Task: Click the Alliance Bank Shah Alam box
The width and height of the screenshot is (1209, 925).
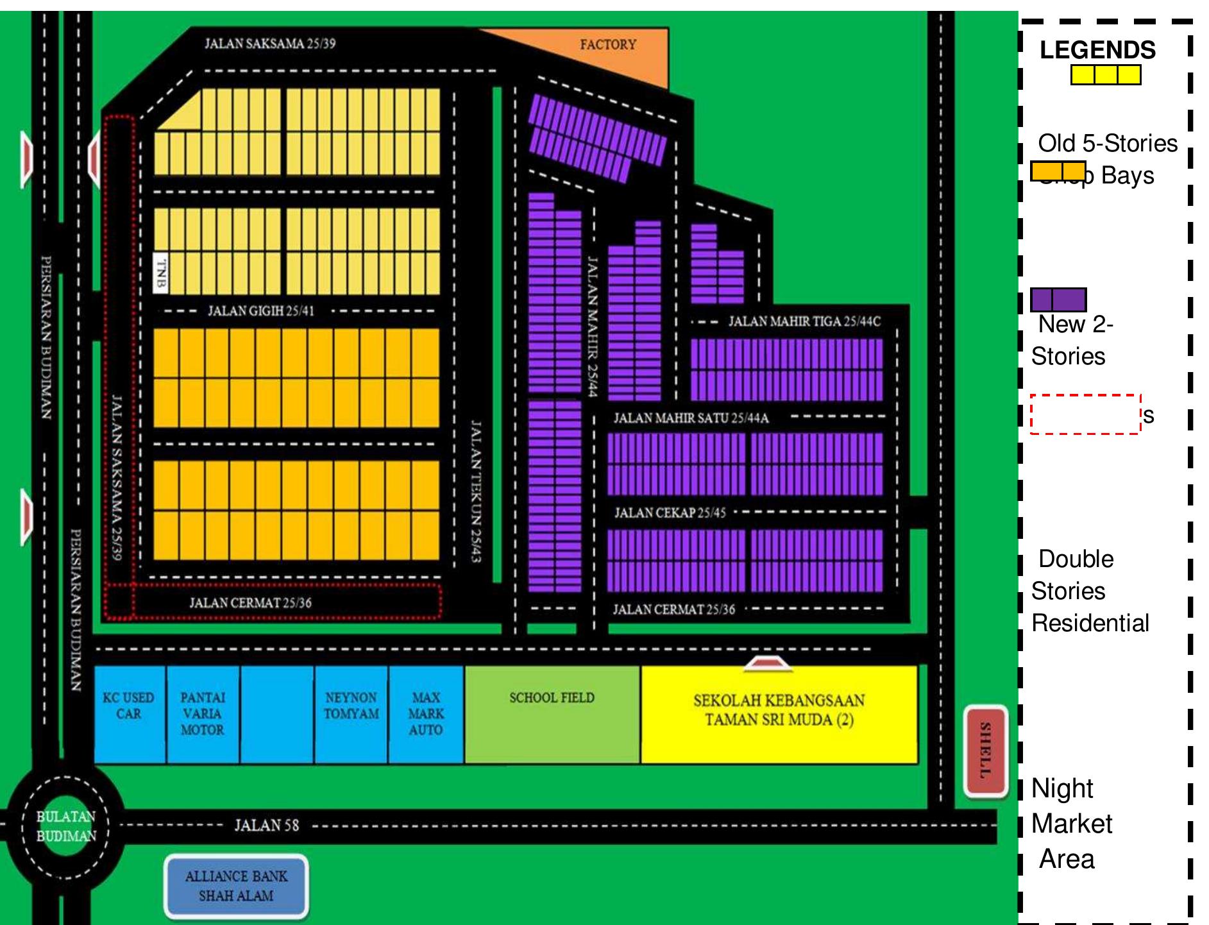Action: click(x=236, y=886)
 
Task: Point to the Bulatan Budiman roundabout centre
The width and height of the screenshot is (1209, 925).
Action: click(x=66, y=826)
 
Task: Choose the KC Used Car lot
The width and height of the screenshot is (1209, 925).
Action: click(x=129, y=713)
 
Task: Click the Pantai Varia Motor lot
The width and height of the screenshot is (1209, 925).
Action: click(x=203, y=713)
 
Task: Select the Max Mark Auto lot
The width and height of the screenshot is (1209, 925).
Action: click(x=426, y=713)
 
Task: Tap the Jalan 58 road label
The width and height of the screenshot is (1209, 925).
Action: click(x=266, y=825)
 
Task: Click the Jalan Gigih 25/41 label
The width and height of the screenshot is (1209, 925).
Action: click(x=261, y=311)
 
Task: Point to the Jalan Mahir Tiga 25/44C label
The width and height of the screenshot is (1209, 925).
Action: click(x=804, y=321)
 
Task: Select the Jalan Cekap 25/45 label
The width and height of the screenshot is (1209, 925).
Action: click(x=670, y=513)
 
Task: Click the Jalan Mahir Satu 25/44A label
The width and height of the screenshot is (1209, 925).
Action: click(x=691, y=418)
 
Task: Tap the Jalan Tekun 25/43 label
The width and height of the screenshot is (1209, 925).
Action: click(x=476, y=491)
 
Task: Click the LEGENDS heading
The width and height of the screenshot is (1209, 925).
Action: click(x=1097, y=50)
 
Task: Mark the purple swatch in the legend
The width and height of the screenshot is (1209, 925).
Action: click(x=1058, y=300)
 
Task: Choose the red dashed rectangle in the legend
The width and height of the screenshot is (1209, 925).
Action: click(x=1085, y=414)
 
